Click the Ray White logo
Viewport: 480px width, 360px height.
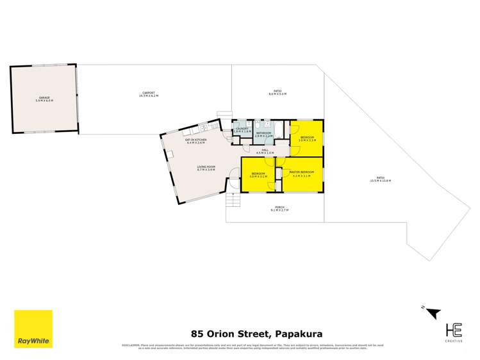33,329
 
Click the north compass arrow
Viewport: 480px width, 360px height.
433,313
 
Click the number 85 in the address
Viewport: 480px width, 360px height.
198,333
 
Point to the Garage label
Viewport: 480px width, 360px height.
44,99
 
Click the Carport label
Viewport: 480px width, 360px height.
149,94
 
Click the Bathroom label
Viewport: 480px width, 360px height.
264,135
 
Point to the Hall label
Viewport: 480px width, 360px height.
265,152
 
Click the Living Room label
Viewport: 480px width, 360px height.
206,168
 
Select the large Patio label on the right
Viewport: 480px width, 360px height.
380,179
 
